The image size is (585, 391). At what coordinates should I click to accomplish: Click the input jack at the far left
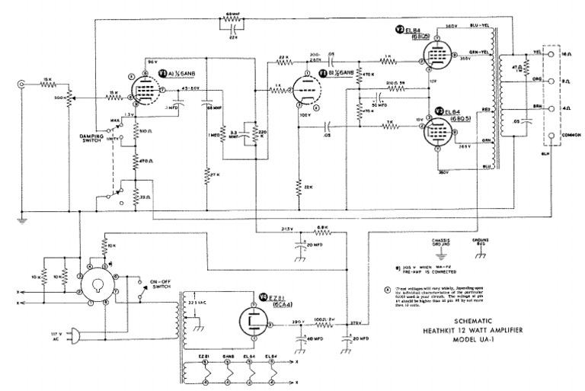point(21,85)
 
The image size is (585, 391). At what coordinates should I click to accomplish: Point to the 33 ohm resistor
point(136,200)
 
